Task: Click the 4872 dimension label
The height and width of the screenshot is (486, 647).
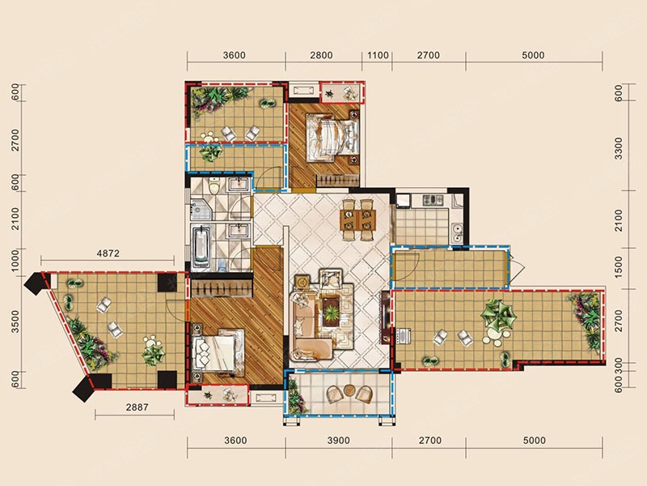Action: [108, 254]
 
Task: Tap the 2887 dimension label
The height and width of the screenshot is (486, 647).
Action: [137, 407]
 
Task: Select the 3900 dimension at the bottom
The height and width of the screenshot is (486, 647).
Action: [339, 441]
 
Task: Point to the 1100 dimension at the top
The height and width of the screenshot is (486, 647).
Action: [378, 55]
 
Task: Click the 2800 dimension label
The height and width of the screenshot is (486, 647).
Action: [321, 55]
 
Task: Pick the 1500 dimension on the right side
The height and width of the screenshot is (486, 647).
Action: [618, 266]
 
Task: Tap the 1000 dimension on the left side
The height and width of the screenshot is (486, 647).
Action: [15, 260]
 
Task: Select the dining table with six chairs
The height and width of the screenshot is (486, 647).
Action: [357, 220]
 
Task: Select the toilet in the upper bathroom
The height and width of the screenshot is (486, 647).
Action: [214, 186]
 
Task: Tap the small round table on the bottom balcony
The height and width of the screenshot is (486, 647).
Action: [349, 390]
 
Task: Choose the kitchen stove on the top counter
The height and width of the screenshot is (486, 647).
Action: [433, 200]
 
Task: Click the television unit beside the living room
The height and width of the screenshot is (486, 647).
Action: [386, 318]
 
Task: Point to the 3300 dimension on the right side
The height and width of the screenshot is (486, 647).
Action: [618, 148]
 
